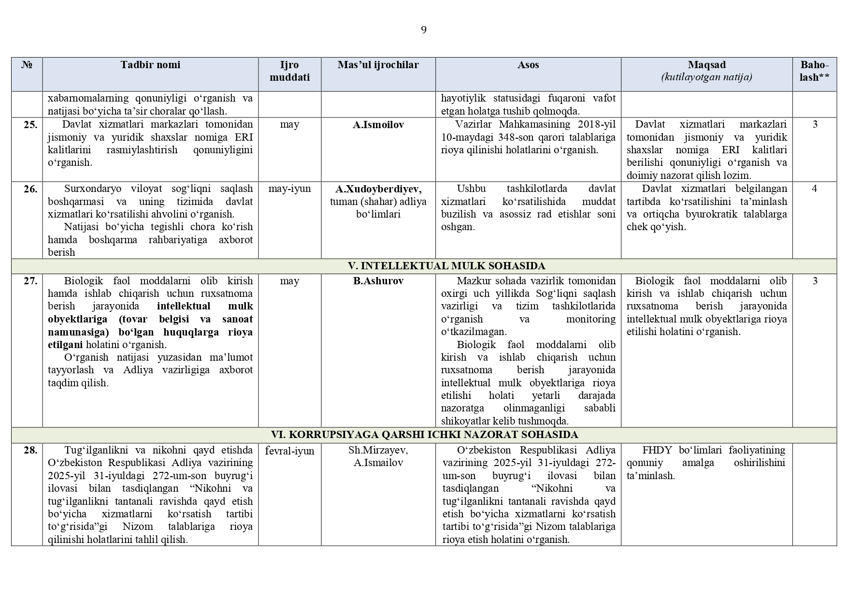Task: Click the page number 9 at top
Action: (x=424, y=30)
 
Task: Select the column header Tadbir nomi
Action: (x=150, y=65)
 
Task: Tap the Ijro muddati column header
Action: (x=289, y=71)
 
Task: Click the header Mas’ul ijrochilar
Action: (x=378, y=65)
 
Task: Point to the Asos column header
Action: (x=528, y=65)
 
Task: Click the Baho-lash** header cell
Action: (x=814, y=71)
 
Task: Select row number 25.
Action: (x=30, y=125)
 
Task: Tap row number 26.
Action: (x=30, y=189)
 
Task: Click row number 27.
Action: (x=30, y=281)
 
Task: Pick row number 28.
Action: (x=30, y=450)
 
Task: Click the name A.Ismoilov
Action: (x=378, y=125)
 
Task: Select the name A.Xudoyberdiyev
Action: (x=378, y=189)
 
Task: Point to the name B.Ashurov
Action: (x=378, y=281)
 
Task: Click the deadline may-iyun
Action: (x=289, y=189)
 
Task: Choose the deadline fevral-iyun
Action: (x=289, y=451)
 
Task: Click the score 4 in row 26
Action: (x=814, y=189)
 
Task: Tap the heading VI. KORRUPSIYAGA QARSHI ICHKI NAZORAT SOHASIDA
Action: (x=424, y=435)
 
